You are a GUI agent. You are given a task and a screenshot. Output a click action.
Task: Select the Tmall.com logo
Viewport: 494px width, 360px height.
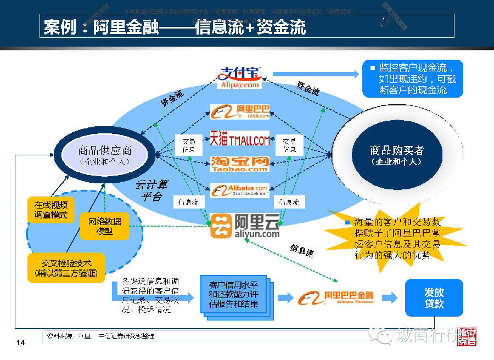(x=240, y=140)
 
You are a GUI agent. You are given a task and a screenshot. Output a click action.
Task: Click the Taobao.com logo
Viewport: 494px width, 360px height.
(x=240, y=164)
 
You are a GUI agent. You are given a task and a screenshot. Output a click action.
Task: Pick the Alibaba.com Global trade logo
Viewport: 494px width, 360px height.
(x=240, y=191)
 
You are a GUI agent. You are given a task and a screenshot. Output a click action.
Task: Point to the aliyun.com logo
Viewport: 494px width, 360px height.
(x=245, y=226)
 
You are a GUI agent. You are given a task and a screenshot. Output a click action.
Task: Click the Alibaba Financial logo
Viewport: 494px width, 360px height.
(x=336, y=298)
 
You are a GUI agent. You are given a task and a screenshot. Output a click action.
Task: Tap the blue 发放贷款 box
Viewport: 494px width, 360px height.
(x=434, y=297)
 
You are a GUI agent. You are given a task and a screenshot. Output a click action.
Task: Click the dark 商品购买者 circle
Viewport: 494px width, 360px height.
(x=396, y=155)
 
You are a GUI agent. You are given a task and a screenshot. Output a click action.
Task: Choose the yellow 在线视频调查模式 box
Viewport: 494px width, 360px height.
(x=50, y=210)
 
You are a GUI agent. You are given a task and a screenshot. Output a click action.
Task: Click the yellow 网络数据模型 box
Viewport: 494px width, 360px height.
(x=104, y=226)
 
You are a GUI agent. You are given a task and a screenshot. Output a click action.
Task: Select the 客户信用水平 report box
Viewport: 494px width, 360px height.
(x=233, y=295)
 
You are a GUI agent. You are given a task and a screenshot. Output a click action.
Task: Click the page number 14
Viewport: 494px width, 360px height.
(x=21, y=343)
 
